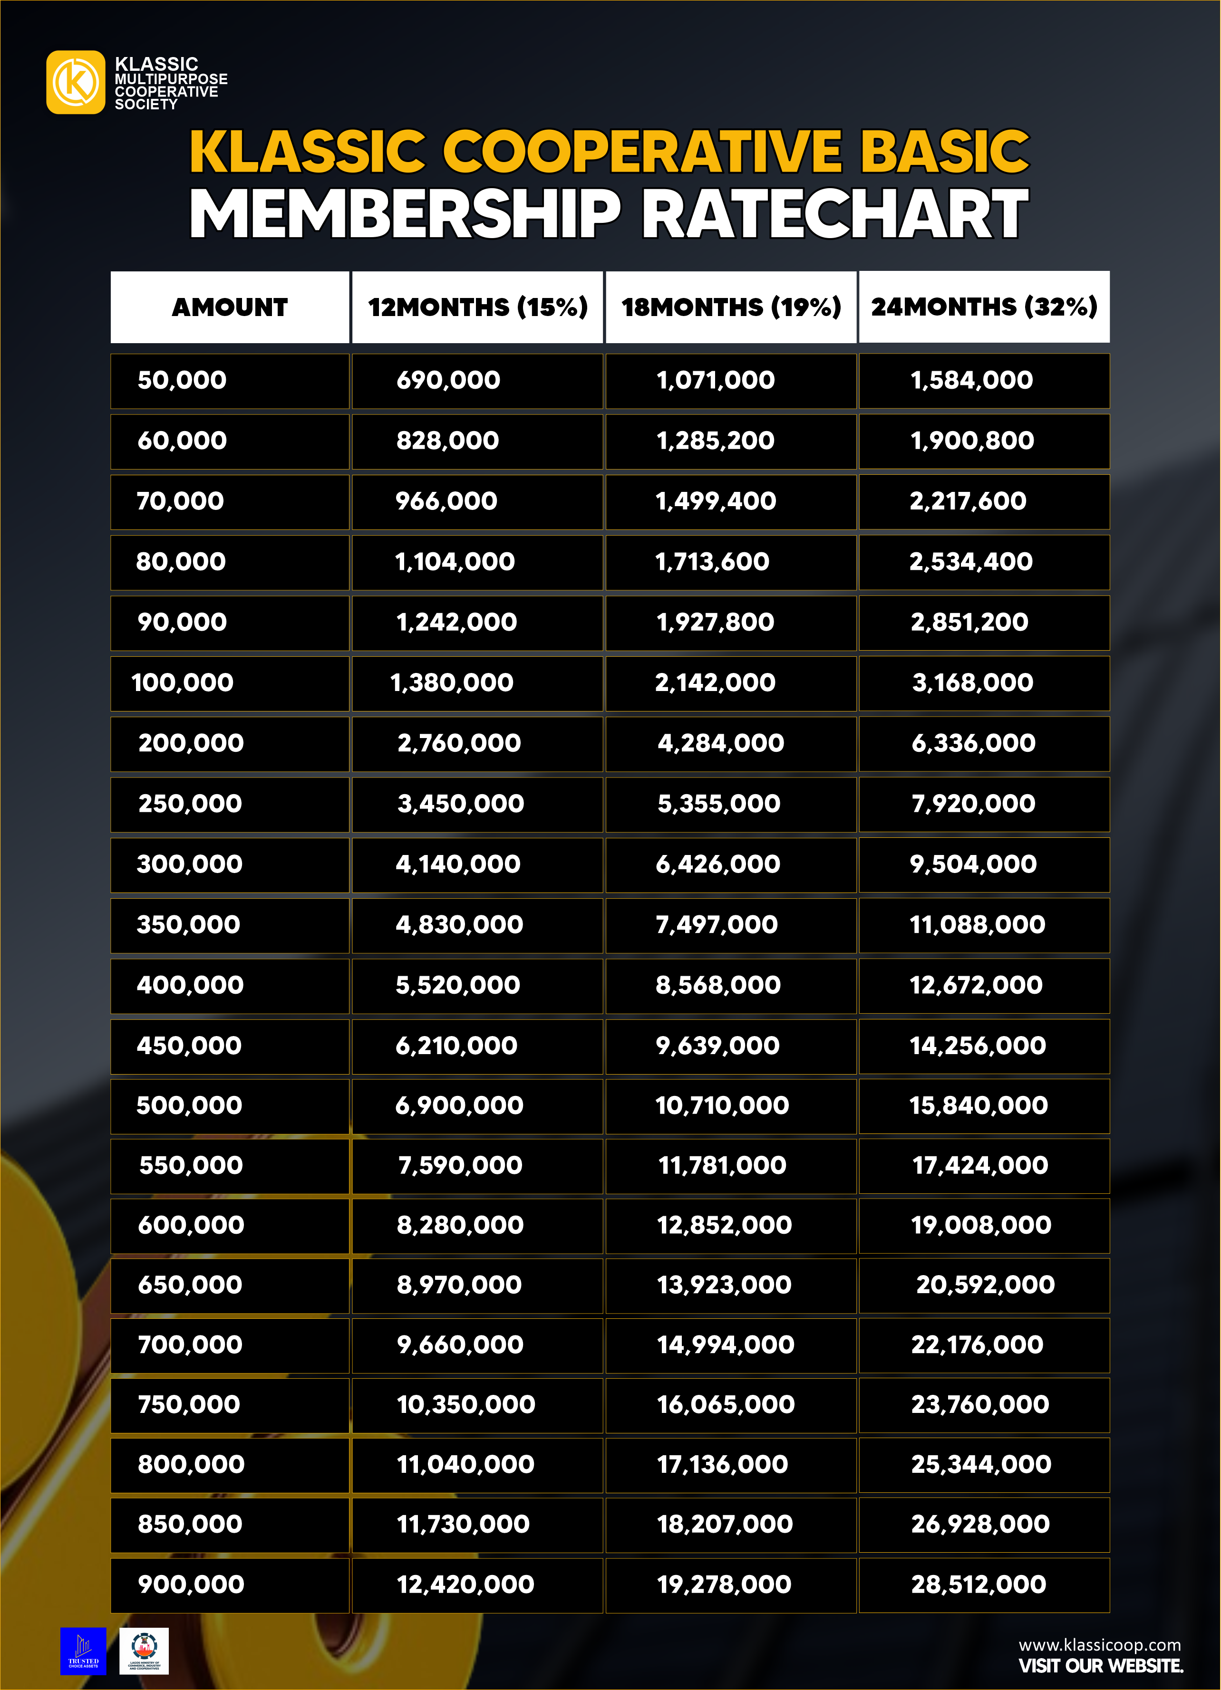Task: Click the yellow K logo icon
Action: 75,82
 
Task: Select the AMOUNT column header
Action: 230,307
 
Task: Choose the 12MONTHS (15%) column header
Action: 477,307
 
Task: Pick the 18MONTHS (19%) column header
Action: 730,307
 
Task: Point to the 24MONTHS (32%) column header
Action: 984,307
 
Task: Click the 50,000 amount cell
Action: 183,380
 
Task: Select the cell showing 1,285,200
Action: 716,441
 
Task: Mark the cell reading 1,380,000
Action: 452,682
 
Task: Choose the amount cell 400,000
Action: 190,985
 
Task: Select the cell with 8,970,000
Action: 459,1285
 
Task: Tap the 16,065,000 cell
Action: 725,1404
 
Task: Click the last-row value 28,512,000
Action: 978,1584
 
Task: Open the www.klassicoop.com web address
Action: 1099,1644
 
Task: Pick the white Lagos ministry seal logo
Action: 144,1651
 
